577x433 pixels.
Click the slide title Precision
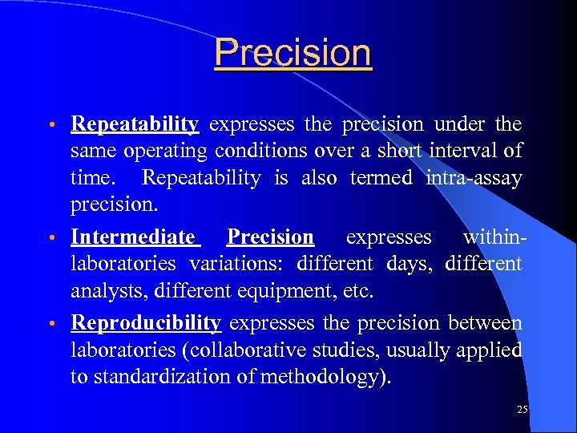293,54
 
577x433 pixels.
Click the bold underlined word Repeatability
135,124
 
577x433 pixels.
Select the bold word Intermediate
133,237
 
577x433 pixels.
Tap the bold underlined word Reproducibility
146,323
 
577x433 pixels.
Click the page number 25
523,410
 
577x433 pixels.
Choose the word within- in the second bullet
492,237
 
